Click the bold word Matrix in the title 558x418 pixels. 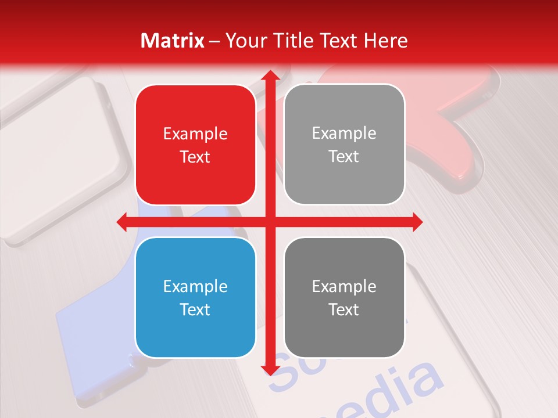pyautogui.click(x=173, y=41)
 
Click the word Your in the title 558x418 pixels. pyautogui.click(x=245, y=41)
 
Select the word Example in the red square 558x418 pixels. pyautogui.click(x=195, y=134)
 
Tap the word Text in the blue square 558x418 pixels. pyautogui.click(x=195, y=309)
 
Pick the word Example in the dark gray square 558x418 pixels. pyautogui.click(x=344, y=286)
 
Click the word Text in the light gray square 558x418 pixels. pyautogui.click(x=344, y=157)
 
